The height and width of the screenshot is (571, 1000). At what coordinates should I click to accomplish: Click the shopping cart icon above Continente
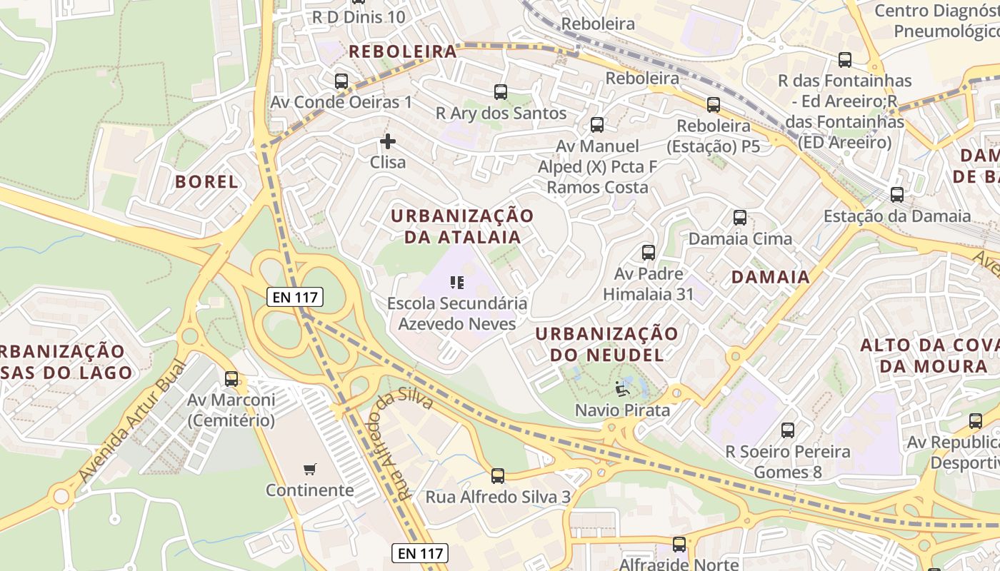pyautogui.click(x=309, y=470)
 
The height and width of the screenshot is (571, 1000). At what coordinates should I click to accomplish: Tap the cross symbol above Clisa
pyautogui.click(x=388, y=141)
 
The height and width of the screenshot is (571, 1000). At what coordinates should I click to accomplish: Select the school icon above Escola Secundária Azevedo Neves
pyautogui.click(x=457, y=283)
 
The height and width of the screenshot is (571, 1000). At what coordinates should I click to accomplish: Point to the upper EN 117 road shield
pyautogui.click(x=295, y=297)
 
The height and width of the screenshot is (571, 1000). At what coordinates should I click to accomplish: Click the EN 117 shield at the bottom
pyautogui.click(x=420, y=552)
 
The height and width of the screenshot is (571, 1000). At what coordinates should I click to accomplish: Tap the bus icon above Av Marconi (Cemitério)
pyautogui.click(x=231, y=379)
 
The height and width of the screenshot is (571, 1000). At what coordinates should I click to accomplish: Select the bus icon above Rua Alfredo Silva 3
pyautogui.click(x=498, y=476)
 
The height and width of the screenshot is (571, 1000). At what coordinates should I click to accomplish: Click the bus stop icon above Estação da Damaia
pyautogui.click(x=897, y=195)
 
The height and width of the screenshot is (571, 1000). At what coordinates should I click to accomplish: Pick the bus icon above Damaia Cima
pyautogui.click(x=740, y=218)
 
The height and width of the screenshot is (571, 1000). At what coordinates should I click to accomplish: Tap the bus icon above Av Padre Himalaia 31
pyautogui.click(x=649, y=253)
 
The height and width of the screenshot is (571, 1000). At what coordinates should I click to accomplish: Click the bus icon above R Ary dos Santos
pyautogui.click(x=501, y=92)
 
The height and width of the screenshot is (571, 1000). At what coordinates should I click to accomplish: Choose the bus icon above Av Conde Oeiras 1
pyautogui.click(x=341, y=81)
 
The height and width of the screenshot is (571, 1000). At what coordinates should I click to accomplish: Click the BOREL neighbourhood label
pyautogui.click(x=207, y=181)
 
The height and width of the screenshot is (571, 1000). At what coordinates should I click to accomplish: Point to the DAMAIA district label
pyautogui.click(x=770, y=277)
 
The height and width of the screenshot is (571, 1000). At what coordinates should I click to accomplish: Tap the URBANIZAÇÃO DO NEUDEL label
pyautogui.click(x=606, y=344)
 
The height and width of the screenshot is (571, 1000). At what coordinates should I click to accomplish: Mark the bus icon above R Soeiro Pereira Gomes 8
pyautogui.click(x=788, y=430)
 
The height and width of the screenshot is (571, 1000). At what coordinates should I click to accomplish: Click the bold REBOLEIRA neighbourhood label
pyautogui.click(x=403, y=51)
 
